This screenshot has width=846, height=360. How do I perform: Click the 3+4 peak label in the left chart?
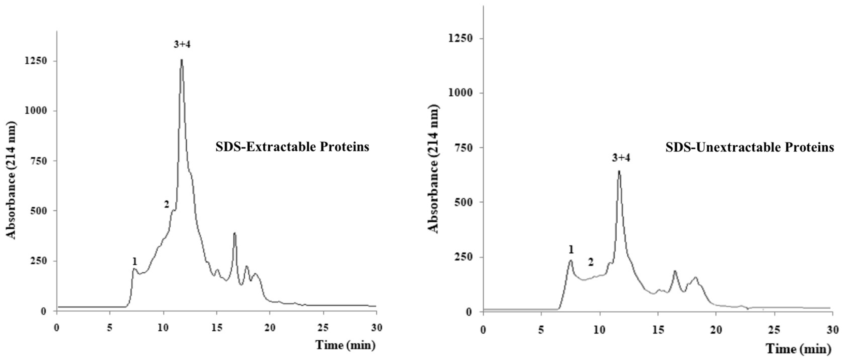[x=182, y=44]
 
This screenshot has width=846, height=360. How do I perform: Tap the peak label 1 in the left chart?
[x=134, y=262]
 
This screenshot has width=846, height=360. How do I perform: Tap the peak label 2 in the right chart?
[x=591, y=262]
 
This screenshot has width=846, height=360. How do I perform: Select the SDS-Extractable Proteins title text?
[x=292, y=147]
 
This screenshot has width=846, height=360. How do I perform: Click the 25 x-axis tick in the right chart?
[x=774, y=330]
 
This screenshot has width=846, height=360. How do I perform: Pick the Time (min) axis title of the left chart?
[x=345, y=345]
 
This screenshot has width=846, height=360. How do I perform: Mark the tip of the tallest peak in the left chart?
[x=182, y=60]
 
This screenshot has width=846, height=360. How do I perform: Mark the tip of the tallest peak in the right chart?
[x=619, y=171]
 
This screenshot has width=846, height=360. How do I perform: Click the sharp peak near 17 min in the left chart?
[x=234, y=233]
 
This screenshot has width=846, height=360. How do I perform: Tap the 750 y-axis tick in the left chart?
[x=39, y=161]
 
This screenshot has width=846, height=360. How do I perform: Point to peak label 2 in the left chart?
[x=166, y=205]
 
